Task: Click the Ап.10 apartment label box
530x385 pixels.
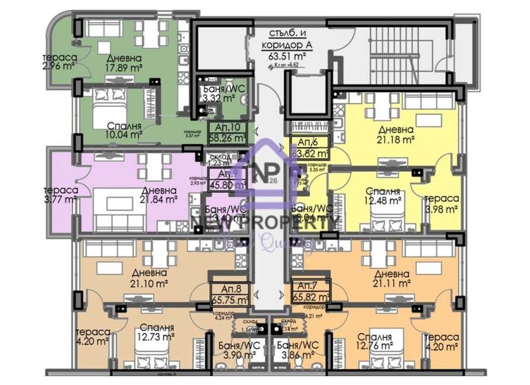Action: coord(228,133)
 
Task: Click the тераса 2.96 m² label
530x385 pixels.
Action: coord(58,62)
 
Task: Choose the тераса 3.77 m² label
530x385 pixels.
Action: coord(60,195)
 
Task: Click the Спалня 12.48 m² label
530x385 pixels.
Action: coord(383,197)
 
